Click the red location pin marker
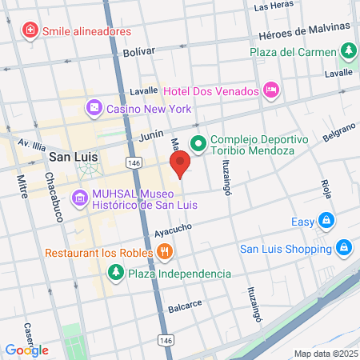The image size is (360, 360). click(x=180, y=163)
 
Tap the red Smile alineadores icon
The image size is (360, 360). click(x=30, y=30)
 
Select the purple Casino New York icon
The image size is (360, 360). click(x=94, y=106)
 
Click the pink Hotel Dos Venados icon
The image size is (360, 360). click(x=270, y=88)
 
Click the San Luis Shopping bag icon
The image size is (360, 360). click(x=343, y=248)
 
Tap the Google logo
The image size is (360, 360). click(x=26, y=350)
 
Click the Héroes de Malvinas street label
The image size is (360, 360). click(x=306, y=32)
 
